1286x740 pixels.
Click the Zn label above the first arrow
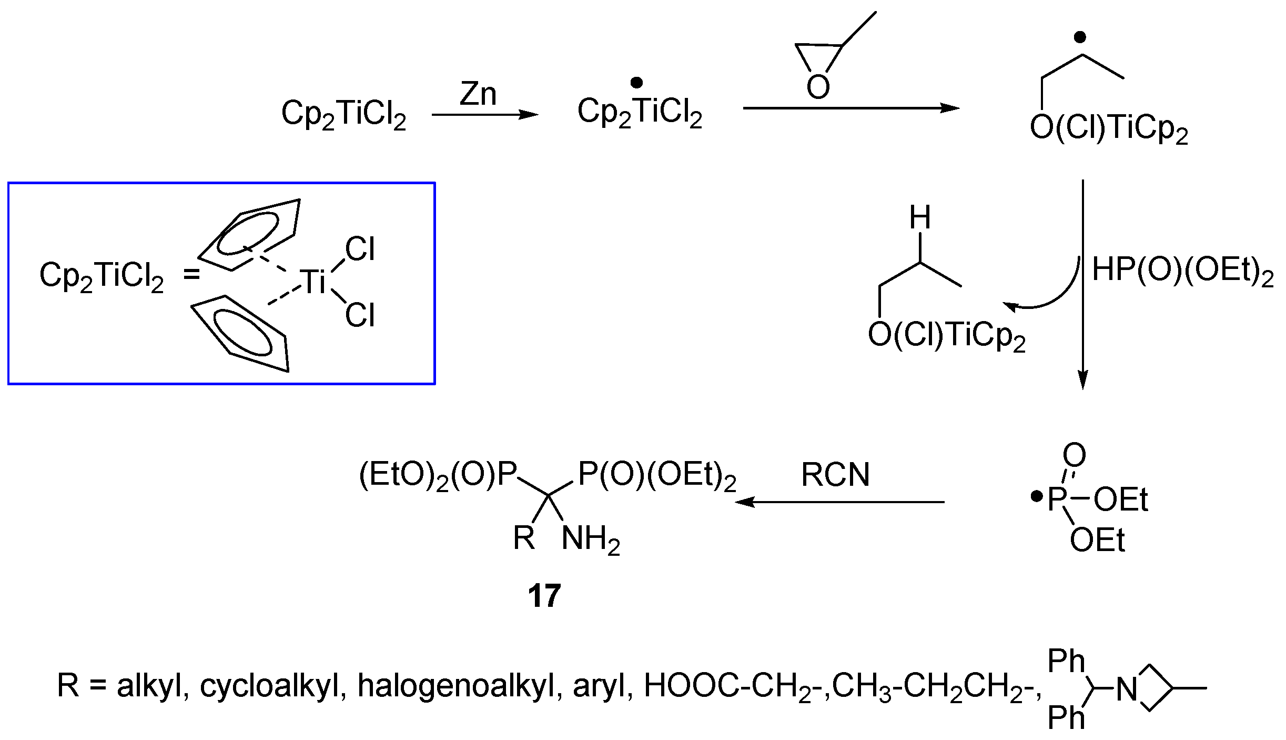click(478, 95)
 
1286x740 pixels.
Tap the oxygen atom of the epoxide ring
click(818, 87)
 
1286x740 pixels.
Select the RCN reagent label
click(835, 474)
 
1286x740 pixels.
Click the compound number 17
click(544, 596)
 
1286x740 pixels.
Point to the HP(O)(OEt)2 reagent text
click(1183, 271)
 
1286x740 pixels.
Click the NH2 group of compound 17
click(591, 539)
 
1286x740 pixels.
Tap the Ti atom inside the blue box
click(315, 281)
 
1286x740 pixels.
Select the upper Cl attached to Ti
click(360, 249)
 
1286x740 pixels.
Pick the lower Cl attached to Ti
click(360, 315)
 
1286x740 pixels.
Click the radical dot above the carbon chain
click(1080, 37)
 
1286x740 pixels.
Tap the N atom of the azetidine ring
click(1127, 689)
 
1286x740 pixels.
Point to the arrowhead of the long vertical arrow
click(1082, 380)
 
